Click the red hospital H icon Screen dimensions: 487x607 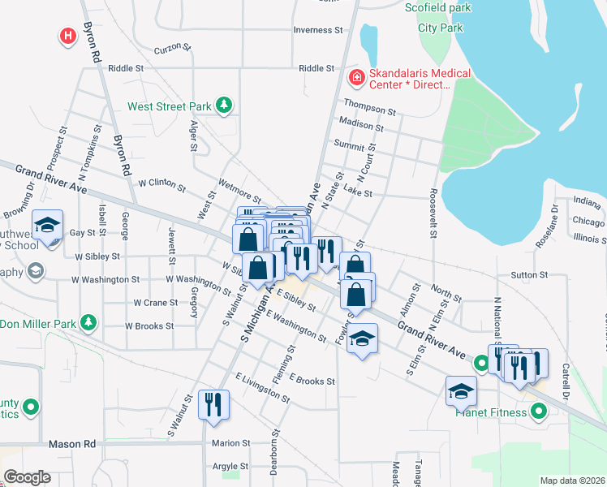pyautogui.click(x=68, y=36)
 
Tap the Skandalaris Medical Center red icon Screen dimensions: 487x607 pyautogui.click(x=355, y=78)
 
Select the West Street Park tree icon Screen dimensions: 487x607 pyautogui.click(x=223, y=106)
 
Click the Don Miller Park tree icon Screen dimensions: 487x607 pyautogui.click(x=88, y=324)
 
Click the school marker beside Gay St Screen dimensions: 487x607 pyautogui.click(x=48, y=225)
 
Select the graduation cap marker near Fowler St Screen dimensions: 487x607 pyautogui.click(x=363, y=339)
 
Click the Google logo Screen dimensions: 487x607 pyautogui.click(x=27, y=476)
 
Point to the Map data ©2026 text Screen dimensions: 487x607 pyautogui.click(x=572, y=480)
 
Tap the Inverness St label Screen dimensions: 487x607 pyautogui.click(x=318, y=30)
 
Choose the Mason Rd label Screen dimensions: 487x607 pyautogui.click(x=72, y=444)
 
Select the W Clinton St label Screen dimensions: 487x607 pyautogui.click(x=161, y=183)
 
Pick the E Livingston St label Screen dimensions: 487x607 pyautogui.click(x=262, y=388)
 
